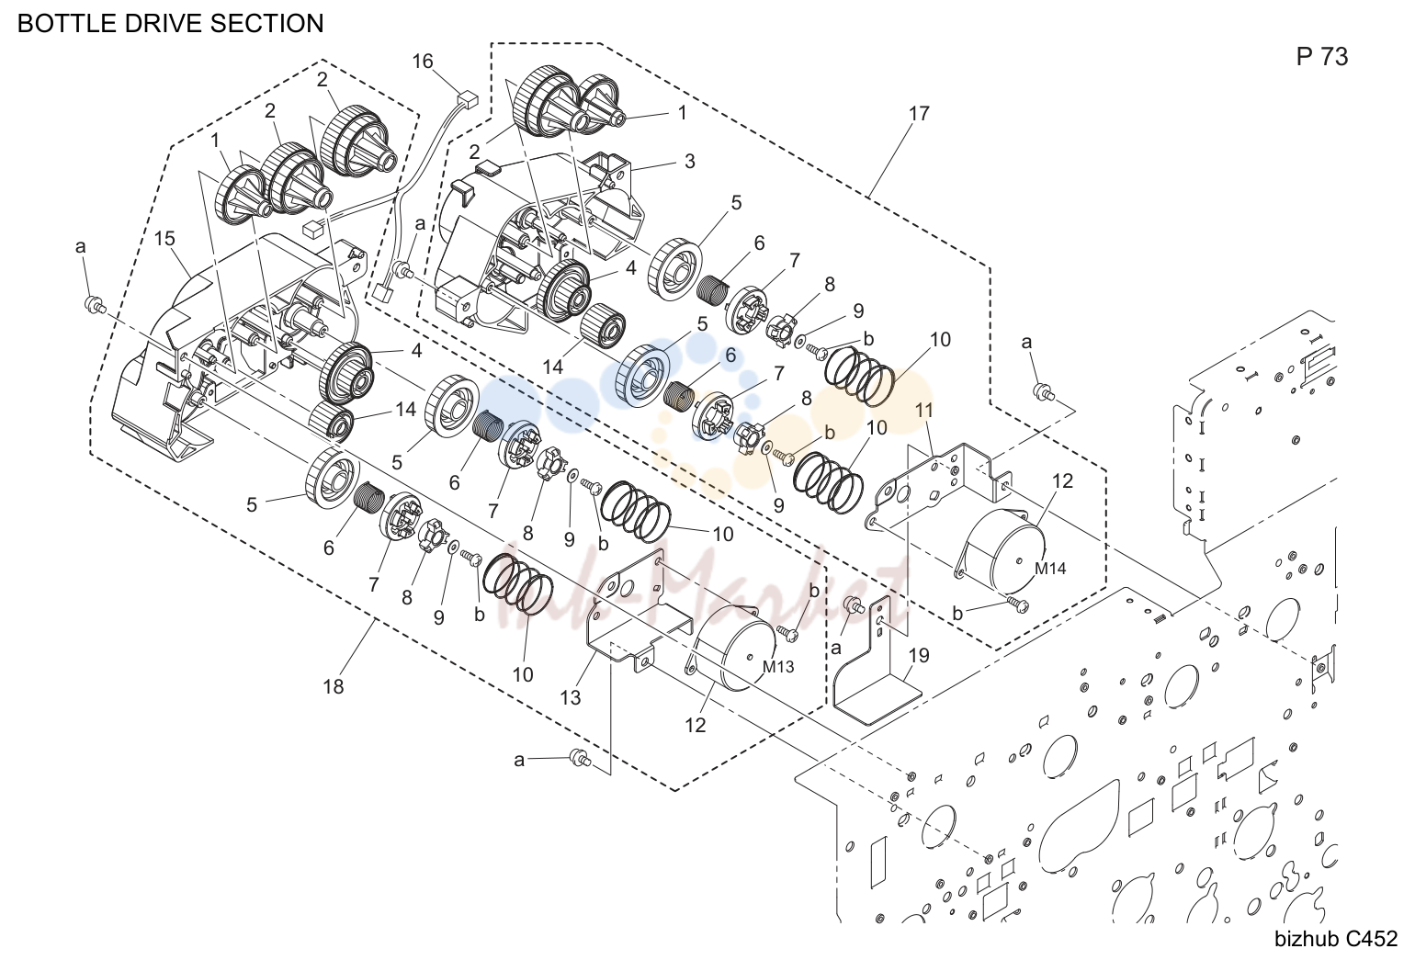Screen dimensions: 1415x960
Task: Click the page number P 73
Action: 1321,57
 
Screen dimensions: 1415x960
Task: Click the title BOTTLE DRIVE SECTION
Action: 170,23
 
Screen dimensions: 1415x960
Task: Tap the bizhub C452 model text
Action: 1336,939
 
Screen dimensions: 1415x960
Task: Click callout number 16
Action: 423,62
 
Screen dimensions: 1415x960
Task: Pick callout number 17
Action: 919,114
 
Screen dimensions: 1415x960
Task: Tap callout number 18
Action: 333,686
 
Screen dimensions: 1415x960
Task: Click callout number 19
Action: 919,656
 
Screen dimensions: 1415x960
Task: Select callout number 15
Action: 164,239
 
